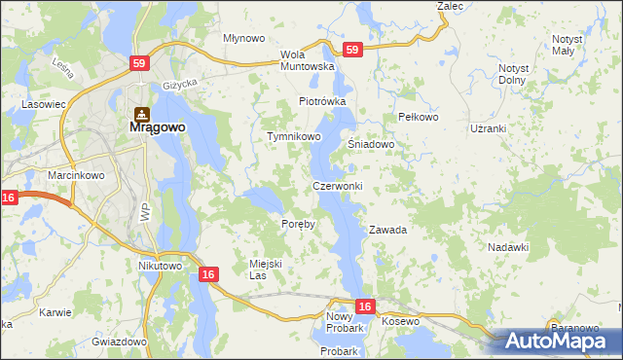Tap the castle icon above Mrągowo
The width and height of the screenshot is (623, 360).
[141, 112]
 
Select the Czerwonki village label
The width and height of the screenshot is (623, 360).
[338, 186]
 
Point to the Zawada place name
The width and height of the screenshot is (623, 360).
[387, 231]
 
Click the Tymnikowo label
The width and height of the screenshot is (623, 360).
[294, 137]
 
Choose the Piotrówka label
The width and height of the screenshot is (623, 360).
[322, 101]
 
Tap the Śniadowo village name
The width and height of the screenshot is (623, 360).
[371, 145]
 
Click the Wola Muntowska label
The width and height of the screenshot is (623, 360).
[308, 60]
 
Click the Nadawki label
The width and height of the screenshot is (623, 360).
[508, 248]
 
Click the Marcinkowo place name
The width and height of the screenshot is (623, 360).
[71, 175]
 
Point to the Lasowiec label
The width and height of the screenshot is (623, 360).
[44, 102]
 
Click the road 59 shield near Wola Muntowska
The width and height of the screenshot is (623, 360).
[352, 50]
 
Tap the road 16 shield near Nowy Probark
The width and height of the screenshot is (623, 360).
[364, 306]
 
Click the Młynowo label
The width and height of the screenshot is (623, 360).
[244, 38]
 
